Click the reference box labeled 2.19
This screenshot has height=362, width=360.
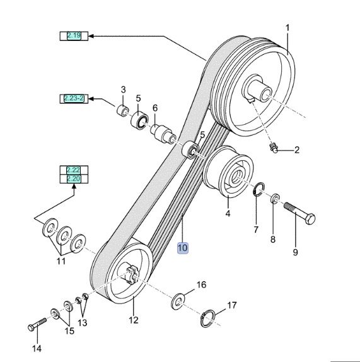pyautogui.click(x=74, y=36)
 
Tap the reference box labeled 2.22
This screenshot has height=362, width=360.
pyautogui.click(x=74, y=170)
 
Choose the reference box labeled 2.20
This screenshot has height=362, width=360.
pyautogui.click(x=74, y=180)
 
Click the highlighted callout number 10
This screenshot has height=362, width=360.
pyautogui.click(x=182, y=248)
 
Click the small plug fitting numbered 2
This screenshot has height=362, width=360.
pyautogui.click(x=274, y=149)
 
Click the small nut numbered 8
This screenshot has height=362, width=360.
pyautogui.click(x=276, y=200)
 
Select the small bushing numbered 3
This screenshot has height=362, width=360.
pyautogui.click(x=120, y=111)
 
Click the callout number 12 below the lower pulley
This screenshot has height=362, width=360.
pyautogui.click(x=134, y=320)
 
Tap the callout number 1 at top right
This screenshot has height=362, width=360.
pyautogui.click(x=287, y=27)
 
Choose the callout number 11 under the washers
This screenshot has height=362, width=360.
pyautogui.click(x=61, y=260)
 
